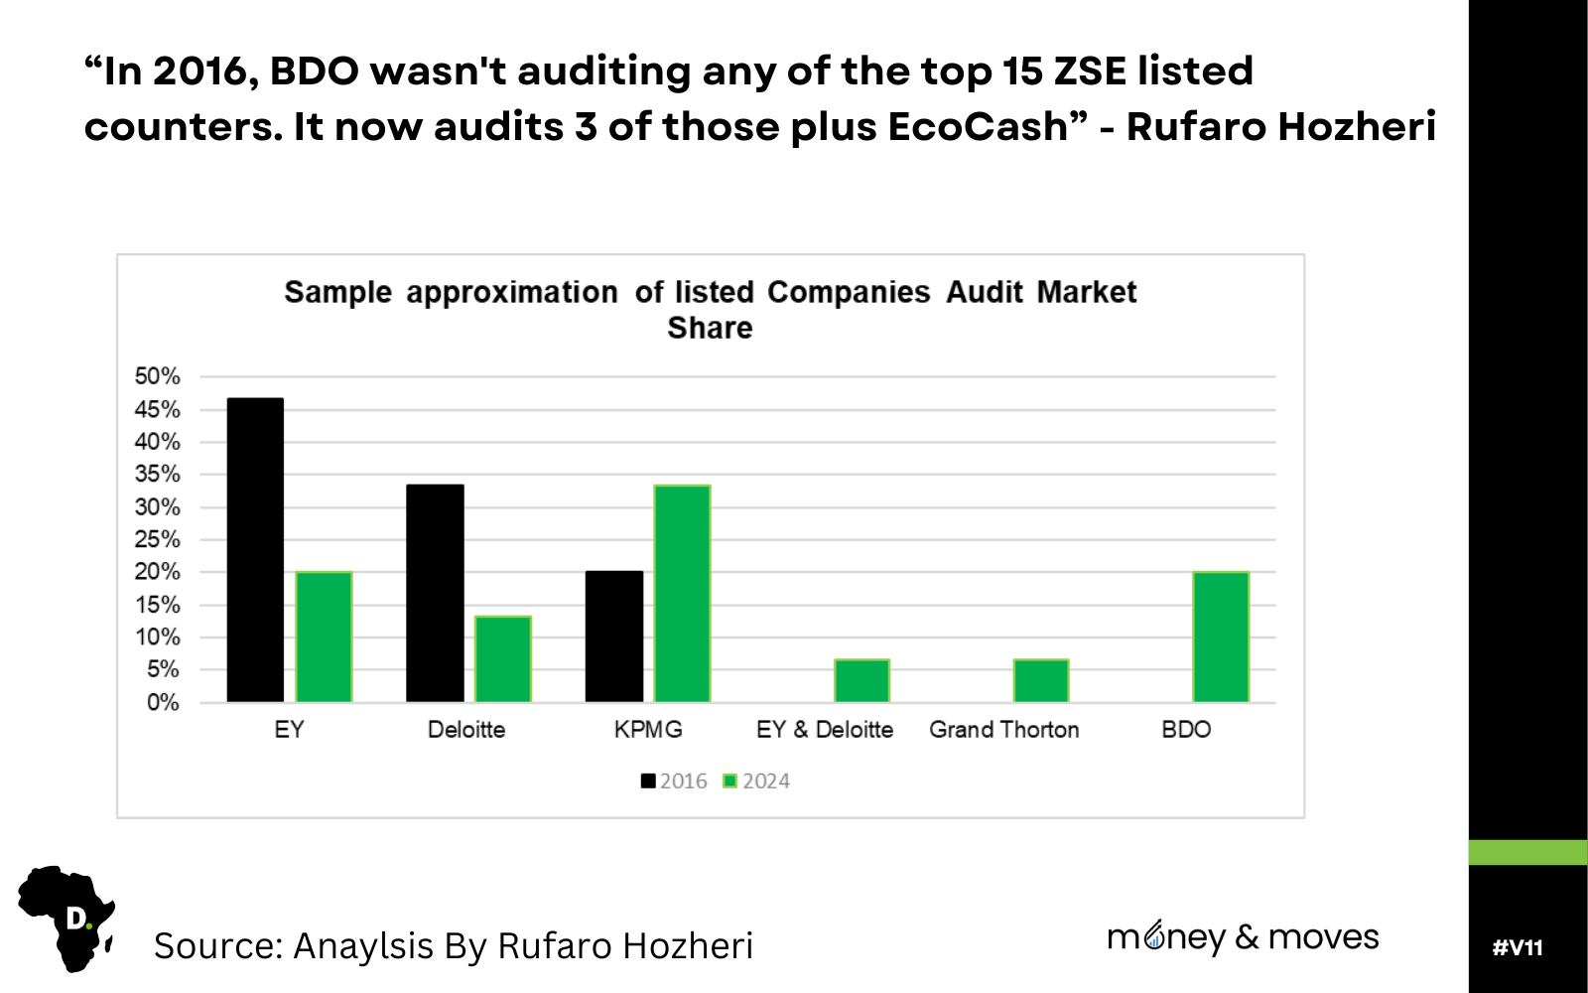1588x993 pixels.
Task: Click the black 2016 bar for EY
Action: [x=255, y=550]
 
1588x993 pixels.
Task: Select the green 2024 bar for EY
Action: [x=325, y=637]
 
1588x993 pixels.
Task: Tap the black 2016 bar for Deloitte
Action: [x=435, y=593]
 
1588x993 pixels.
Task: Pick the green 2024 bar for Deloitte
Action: [x=503, y=658]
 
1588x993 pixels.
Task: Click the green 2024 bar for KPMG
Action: [x=682, y=593]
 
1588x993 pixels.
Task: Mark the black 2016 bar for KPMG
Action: [x=614, y=637]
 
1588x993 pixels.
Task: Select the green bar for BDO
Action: [x=1220, y=637]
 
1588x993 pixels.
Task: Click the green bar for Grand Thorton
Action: [x=1041, y=680]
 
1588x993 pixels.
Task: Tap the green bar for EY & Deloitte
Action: [x=861, y=680]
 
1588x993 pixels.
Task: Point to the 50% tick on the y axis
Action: [x=158, y=376]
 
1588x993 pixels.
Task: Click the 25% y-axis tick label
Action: [x=158, y=539]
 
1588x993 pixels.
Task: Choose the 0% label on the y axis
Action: [x=163, y=702]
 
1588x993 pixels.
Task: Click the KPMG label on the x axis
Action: [x=648, y=730]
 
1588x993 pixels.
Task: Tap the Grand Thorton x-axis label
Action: [x=1003, y=730]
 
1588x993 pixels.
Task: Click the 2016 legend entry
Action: [x=674, y=781]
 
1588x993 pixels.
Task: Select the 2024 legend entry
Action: [x=756, y=781]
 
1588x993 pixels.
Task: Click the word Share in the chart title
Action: [x=710, y=328]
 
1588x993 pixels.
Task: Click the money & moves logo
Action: [x=1243, y=936]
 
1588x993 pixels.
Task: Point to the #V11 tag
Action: [x=1518, y=947]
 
